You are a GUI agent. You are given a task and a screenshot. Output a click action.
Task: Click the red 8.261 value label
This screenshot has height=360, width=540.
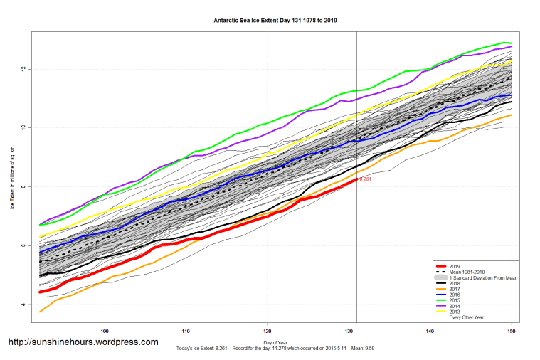coord(365,179)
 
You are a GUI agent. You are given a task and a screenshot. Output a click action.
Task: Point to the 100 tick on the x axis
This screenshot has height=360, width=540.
coord(105,331)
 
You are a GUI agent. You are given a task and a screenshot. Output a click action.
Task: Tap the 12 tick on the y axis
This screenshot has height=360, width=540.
coord(23,69)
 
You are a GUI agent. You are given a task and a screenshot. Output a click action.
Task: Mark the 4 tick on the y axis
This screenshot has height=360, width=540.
coord(23,305)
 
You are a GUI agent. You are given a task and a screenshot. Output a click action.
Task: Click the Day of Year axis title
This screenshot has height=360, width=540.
coord(274,342)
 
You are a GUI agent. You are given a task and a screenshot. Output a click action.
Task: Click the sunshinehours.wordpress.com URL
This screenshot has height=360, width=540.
coord(83,342)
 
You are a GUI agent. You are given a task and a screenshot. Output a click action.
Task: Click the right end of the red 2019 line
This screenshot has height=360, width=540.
coord(356,179)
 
